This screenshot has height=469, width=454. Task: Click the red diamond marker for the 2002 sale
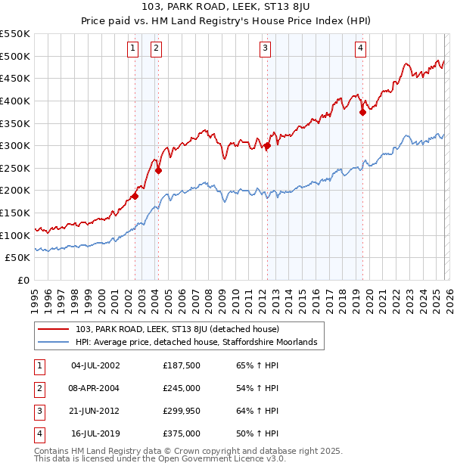click(135, 196)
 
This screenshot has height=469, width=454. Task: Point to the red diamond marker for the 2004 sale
click(158, 170)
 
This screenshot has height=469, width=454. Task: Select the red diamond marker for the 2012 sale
click(267, 146)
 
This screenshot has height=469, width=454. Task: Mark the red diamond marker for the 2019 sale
click(362, 112)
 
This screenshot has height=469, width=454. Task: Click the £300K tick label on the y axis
click(15, 145)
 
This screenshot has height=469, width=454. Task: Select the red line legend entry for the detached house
click(177, 329)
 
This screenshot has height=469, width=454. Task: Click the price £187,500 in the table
click(182, 365)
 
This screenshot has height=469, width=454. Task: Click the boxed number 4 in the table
click(38, 434)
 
